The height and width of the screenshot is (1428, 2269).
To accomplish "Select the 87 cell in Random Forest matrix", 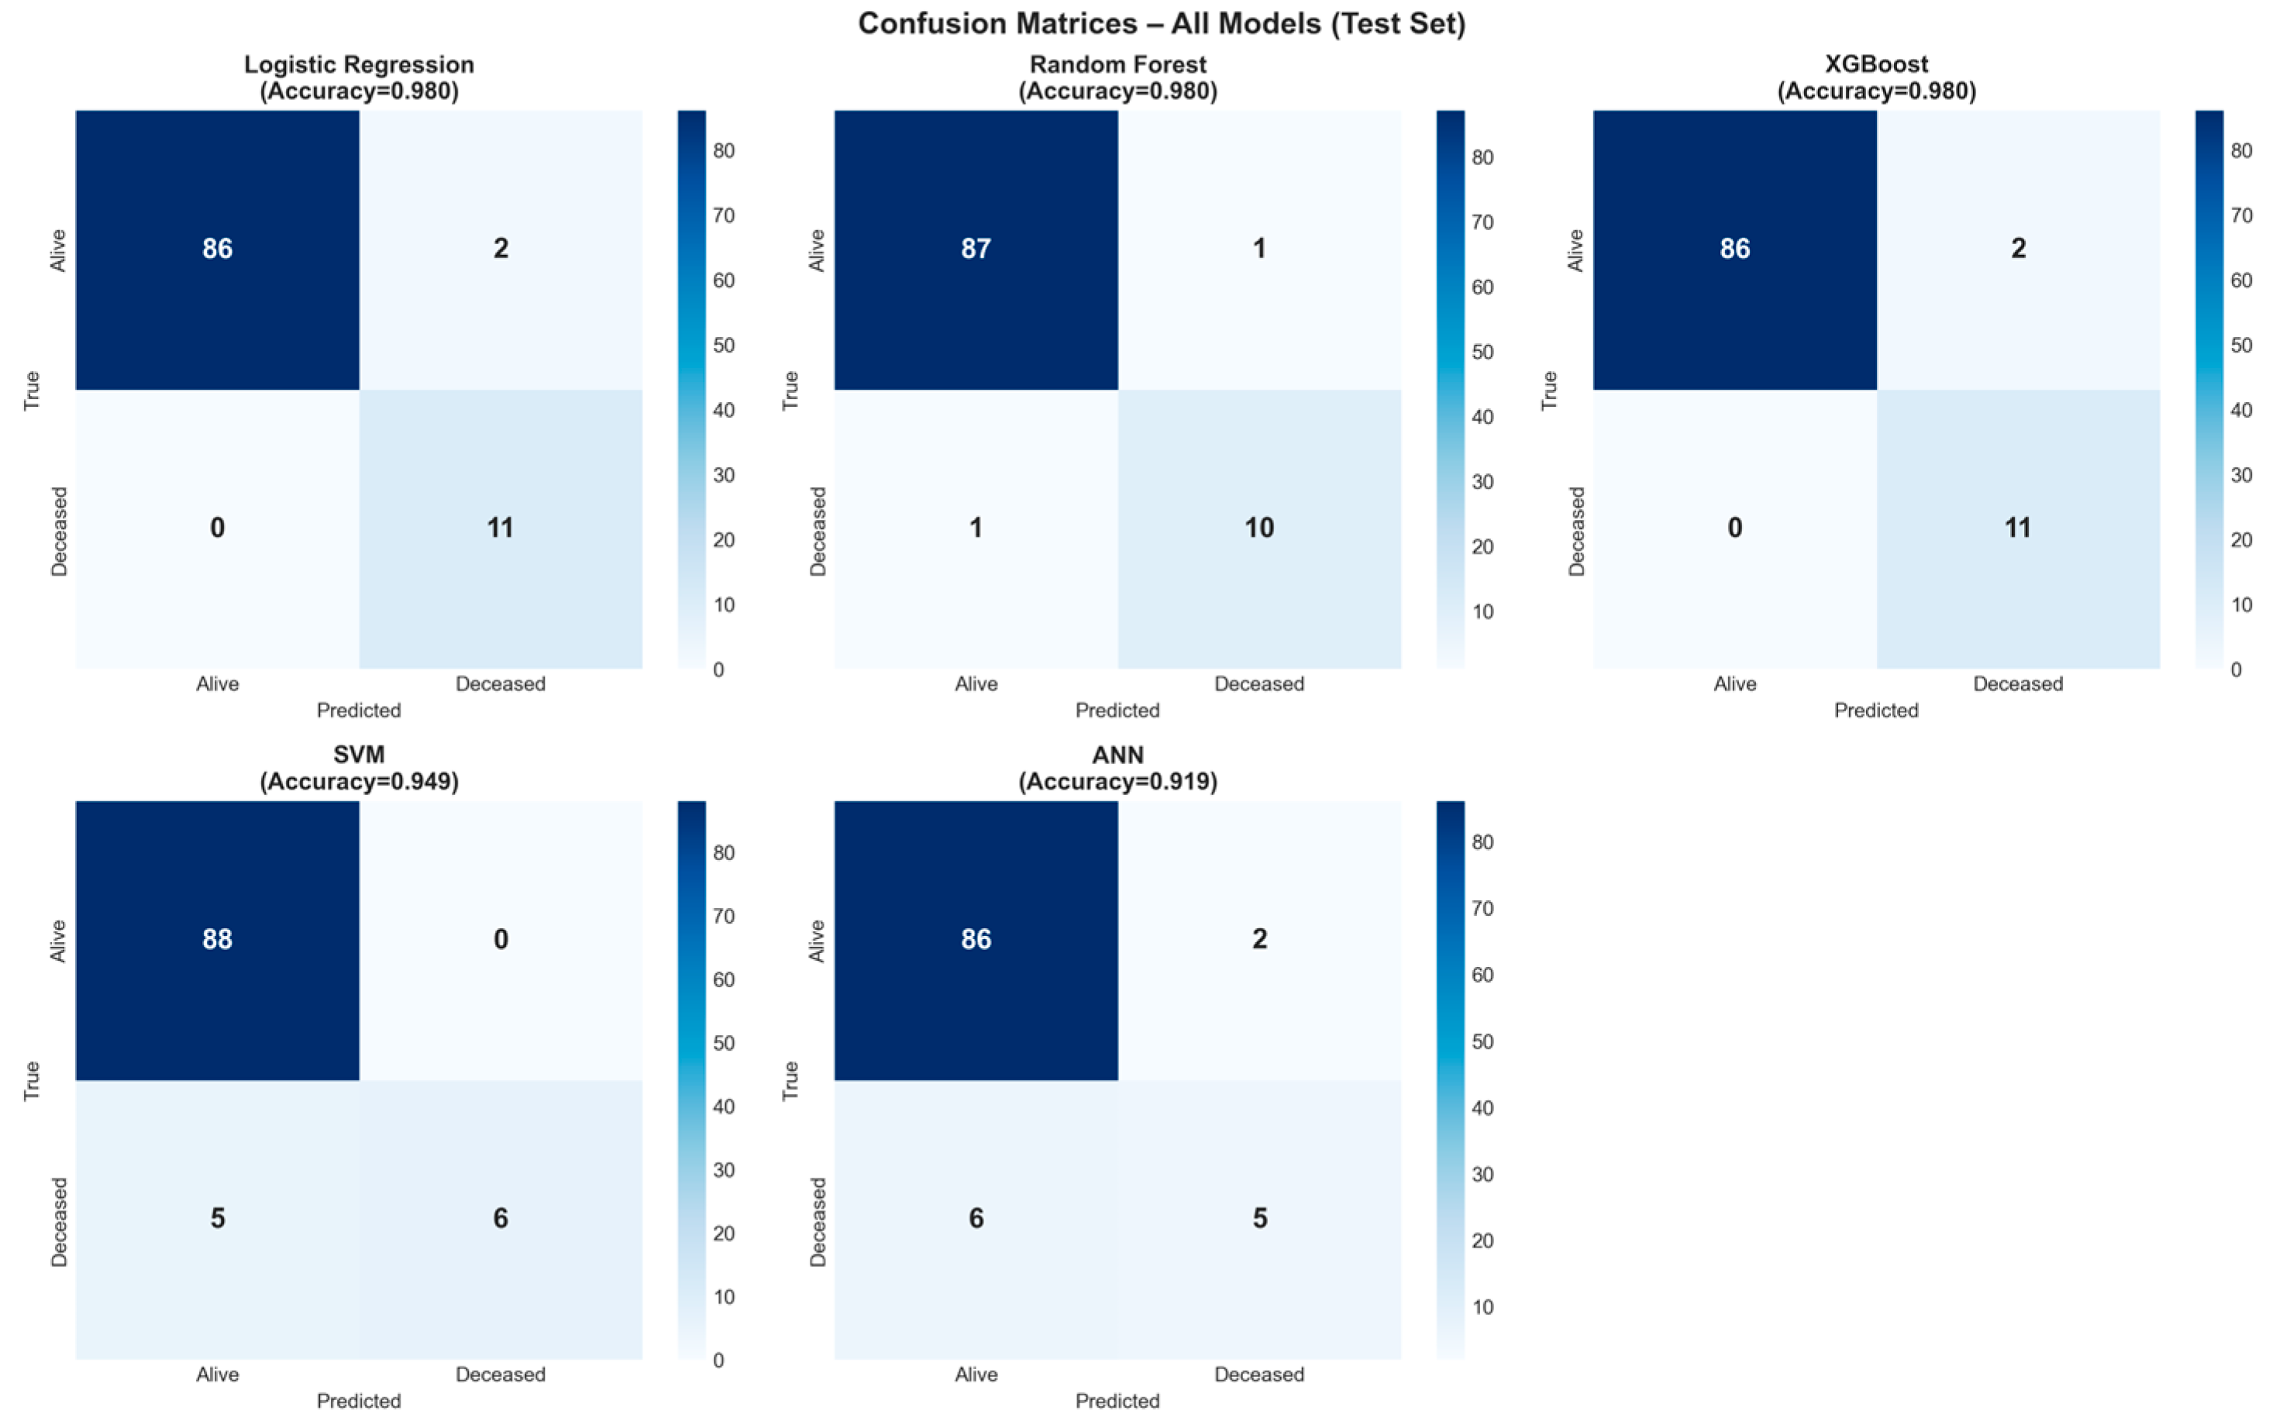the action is pyautogui.click(x=976, y=249).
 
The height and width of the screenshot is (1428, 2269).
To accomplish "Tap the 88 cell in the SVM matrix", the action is pyautogui.click(x=218, y=940).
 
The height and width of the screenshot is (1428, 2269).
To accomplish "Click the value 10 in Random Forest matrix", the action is pyautogui.click(x=1259, y=528).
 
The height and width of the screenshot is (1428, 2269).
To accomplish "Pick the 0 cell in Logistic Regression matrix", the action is pyautogui.click(x=218, y=528).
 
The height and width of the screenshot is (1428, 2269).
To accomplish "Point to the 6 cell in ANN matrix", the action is pyautogui.click(x=976, y=1219).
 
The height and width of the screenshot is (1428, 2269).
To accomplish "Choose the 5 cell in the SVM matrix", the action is pyautogui.click(x=218, y=1219).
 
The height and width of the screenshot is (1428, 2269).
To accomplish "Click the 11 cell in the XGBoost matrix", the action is pyautogui.click(x=2017, y=528).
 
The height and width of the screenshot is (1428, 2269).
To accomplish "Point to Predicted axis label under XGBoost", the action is pyautogui.click(x=1876, y=711).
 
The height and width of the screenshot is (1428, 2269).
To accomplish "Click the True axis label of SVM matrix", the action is pyautogui.click(x=32, y=1080).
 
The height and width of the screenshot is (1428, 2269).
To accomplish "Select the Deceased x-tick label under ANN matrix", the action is pyautogui.click(x=1259, y=1375).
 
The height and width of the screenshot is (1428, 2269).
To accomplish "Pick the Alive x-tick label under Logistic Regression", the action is pyautogui.click(x=218, y=684).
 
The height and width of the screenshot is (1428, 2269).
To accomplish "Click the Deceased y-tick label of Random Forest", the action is pyautogui.click(x=817, y=532).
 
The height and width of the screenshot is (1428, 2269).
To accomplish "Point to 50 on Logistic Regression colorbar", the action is pyautogui.click(x=724, y=346).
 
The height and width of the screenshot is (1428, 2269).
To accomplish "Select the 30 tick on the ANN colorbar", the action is pyautogui.click(x=1482, y=1175).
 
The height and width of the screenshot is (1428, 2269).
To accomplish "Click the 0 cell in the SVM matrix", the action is pyautogui.click(x=501, y=940).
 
